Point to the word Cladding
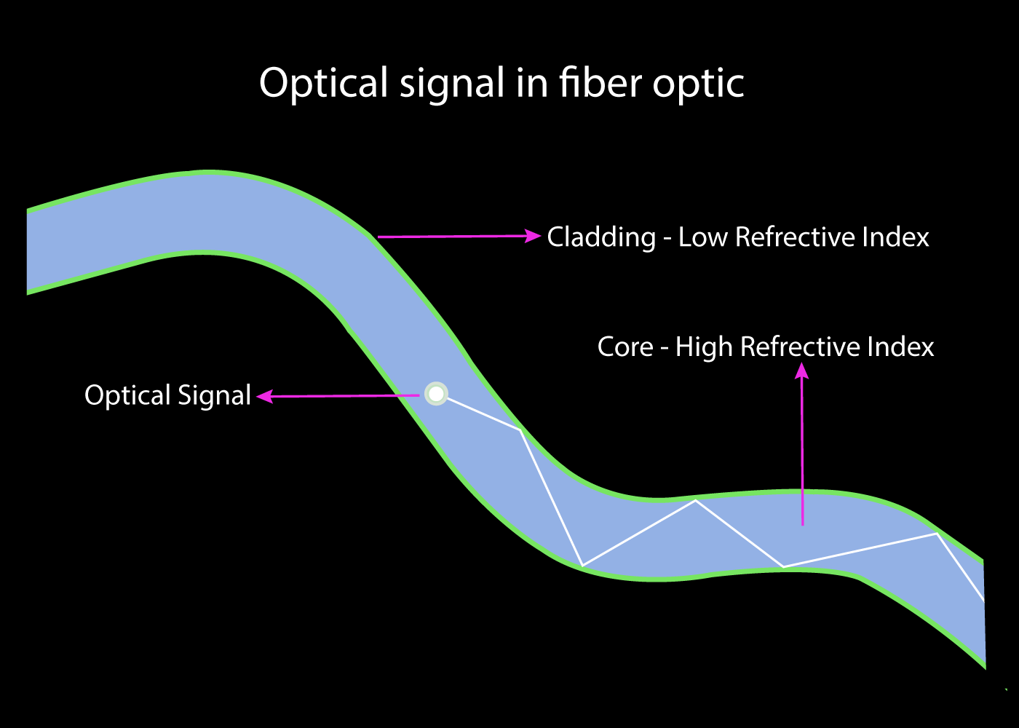[x=601, y=237]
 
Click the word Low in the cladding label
[x=703, y=237]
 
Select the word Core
[x=625, y=347]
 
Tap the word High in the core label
[x=704, y=348]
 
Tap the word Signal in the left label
[x=214, y=395]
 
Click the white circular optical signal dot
[x=436, y=394]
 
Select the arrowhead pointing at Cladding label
[x=533, y=236]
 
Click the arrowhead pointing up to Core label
[x=801, y=371]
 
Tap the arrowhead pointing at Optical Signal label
[x=265, y=396]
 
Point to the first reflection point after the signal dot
[x=520, y=430]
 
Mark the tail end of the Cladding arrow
[x=378, y=237]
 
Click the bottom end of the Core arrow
[x=802, y=525]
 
